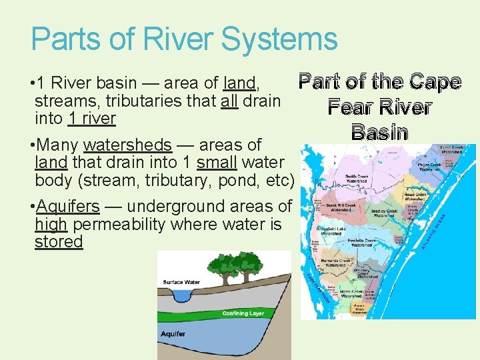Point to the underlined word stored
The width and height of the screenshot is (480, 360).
tap(59, 241)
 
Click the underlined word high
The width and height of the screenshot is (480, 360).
tap(51, 224)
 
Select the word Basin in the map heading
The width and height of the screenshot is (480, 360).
tap(379, 132)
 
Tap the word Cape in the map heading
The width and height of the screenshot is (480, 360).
tap(435, 82)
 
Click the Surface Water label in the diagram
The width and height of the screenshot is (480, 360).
tap(181, 282)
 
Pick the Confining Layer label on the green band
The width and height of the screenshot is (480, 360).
tap(243, 313)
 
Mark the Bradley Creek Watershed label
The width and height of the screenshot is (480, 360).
tap(384, 213)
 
